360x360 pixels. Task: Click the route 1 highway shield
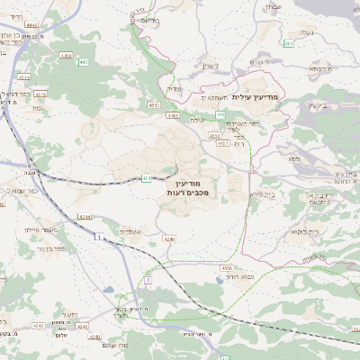(98, 237)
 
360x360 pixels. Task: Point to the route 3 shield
(148, 280)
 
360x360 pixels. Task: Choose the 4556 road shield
(227, 267)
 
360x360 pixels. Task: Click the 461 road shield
(289, 42)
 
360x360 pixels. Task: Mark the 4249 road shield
(169, 239)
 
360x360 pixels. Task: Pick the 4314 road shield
(66, 56)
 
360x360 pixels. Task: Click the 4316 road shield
(41, 93)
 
